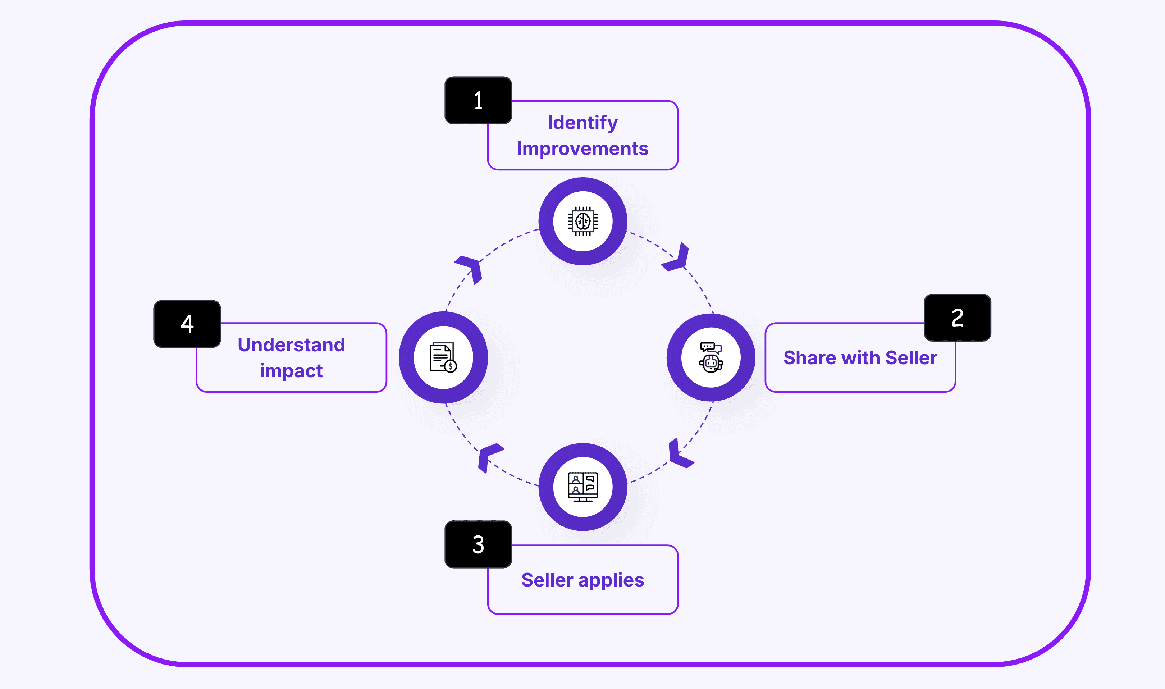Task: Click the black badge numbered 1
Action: click(x=478, y=100)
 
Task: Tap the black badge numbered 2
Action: click(x=957, y=318)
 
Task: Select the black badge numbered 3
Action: click(x=478, y=544)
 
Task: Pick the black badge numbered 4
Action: click(x=187, y=324)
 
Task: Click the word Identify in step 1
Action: click(x=582, y=123)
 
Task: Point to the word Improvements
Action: click(x=582, y=149)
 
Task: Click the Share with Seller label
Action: click(x=860, y=358)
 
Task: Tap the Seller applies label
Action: click(x=582, y=580)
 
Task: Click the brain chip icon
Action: click(x=583, y=222)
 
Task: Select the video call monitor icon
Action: click(x=583, y=487)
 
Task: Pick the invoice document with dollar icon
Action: click(x=443, y=357)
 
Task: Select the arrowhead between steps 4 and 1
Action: click(x=471, y=268)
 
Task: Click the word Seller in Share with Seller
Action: click(x=911, y=358)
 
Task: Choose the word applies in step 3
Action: click(x=611, y=580)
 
